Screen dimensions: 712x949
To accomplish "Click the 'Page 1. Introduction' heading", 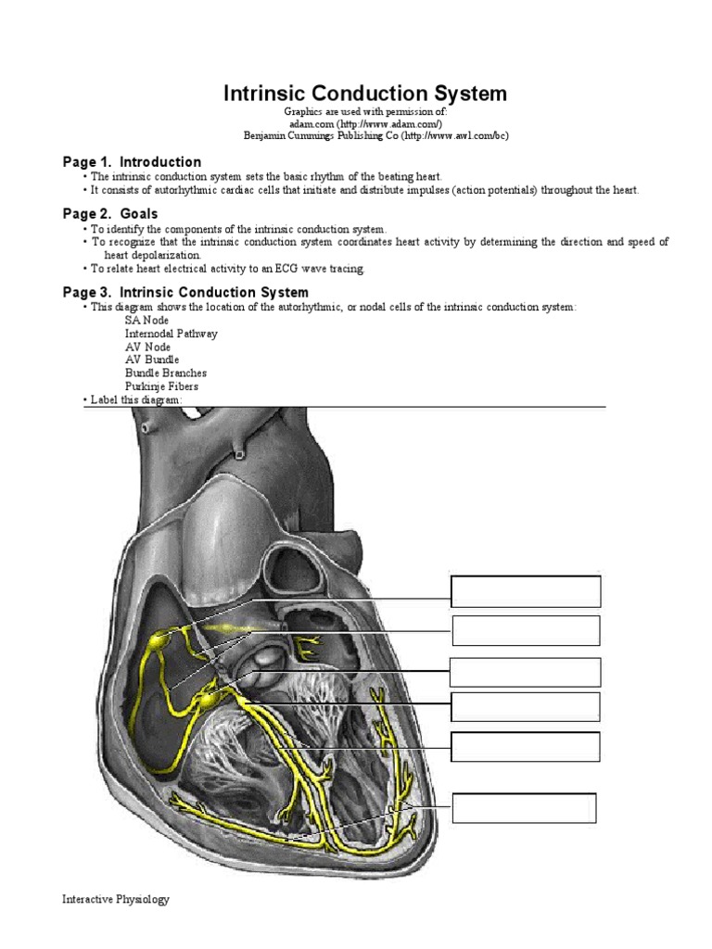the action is [x=132, y=161].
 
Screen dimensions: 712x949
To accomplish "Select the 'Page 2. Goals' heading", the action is [x=109, y=214].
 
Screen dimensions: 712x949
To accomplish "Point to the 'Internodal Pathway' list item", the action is [x=172, y=333].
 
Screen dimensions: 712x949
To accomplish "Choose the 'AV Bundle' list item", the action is [x=152, y=360].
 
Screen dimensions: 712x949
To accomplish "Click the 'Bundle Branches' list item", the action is [x=166, y=373].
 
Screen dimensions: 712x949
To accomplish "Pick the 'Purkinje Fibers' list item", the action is [x=161, y=386].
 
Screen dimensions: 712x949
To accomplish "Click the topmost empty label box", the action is [x=526, y=591].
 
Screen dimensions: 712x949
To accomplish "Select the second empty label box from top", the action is [x=526, y=630].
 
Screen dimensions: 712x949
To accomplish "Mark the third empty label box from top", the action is [x=526, y=672].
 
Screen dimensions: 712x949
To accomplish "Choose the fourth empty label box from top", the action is [x=526, y=706].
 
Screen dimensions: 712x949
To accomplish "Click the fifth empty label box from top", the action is [x=526, y=746].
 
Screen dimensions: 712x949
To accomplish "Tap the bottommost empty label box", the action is [x=524, y=808].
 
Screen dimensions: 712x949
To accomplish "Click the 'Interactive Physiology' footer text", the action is [x=116, y=899].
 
